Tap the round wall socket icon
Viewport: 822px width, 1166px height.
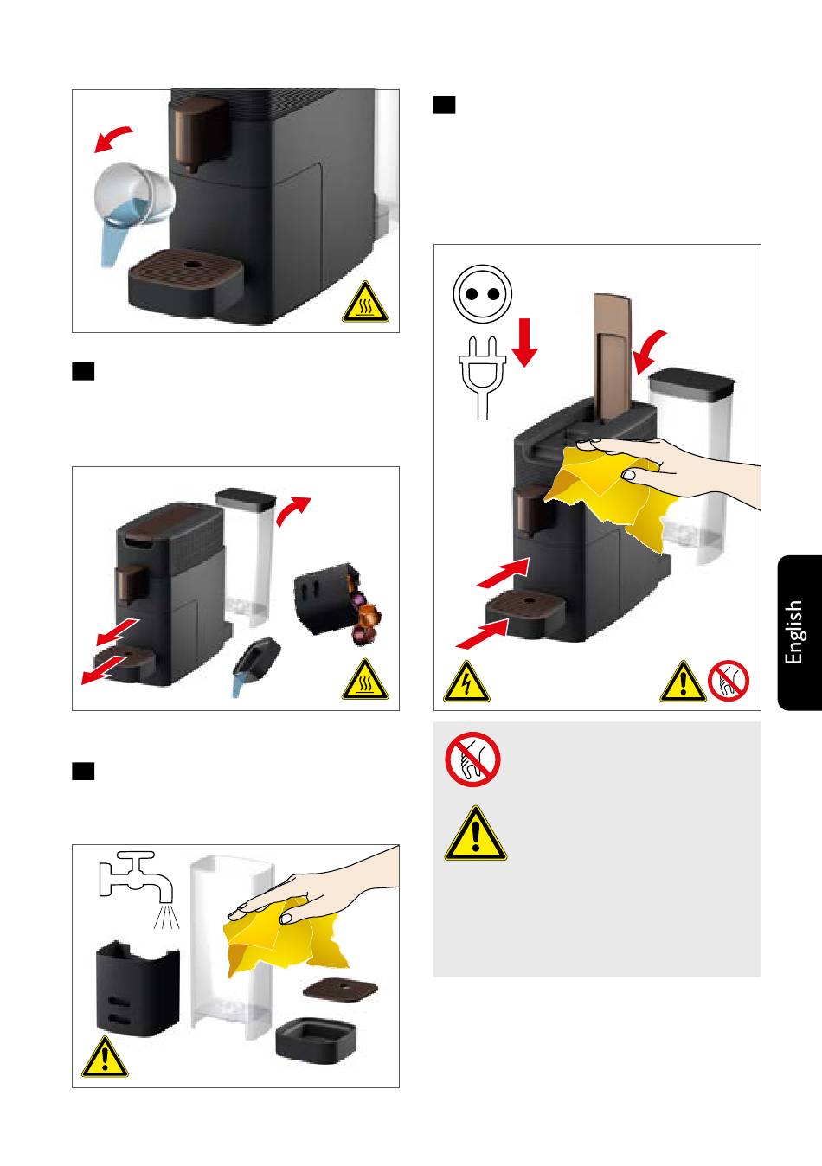(483, 293)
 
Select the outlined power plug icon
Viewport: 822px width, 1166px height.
(483, 377)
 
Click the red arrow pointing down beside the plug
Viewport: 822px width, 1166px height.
(524, 342)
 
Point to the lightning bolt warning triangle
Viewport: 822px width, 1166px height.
(466, 682)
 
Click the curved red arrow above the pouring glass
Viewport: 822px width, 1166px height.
(113, 138)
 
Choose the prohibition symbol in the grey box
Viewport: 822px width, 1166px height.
(472, 759)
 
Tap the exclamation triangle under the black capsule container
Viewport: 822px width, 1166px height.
(105, 1056)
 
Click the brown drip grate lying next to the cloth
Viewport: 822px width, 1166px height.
(340, 989)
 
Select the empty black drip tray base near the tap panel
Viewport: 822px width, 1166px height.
(316, 1039)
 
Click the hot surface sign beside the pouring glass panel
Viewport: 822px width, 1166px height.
(365, 302)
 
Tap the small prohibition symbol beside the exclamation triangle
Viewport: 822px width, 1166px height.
(729, 682)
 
